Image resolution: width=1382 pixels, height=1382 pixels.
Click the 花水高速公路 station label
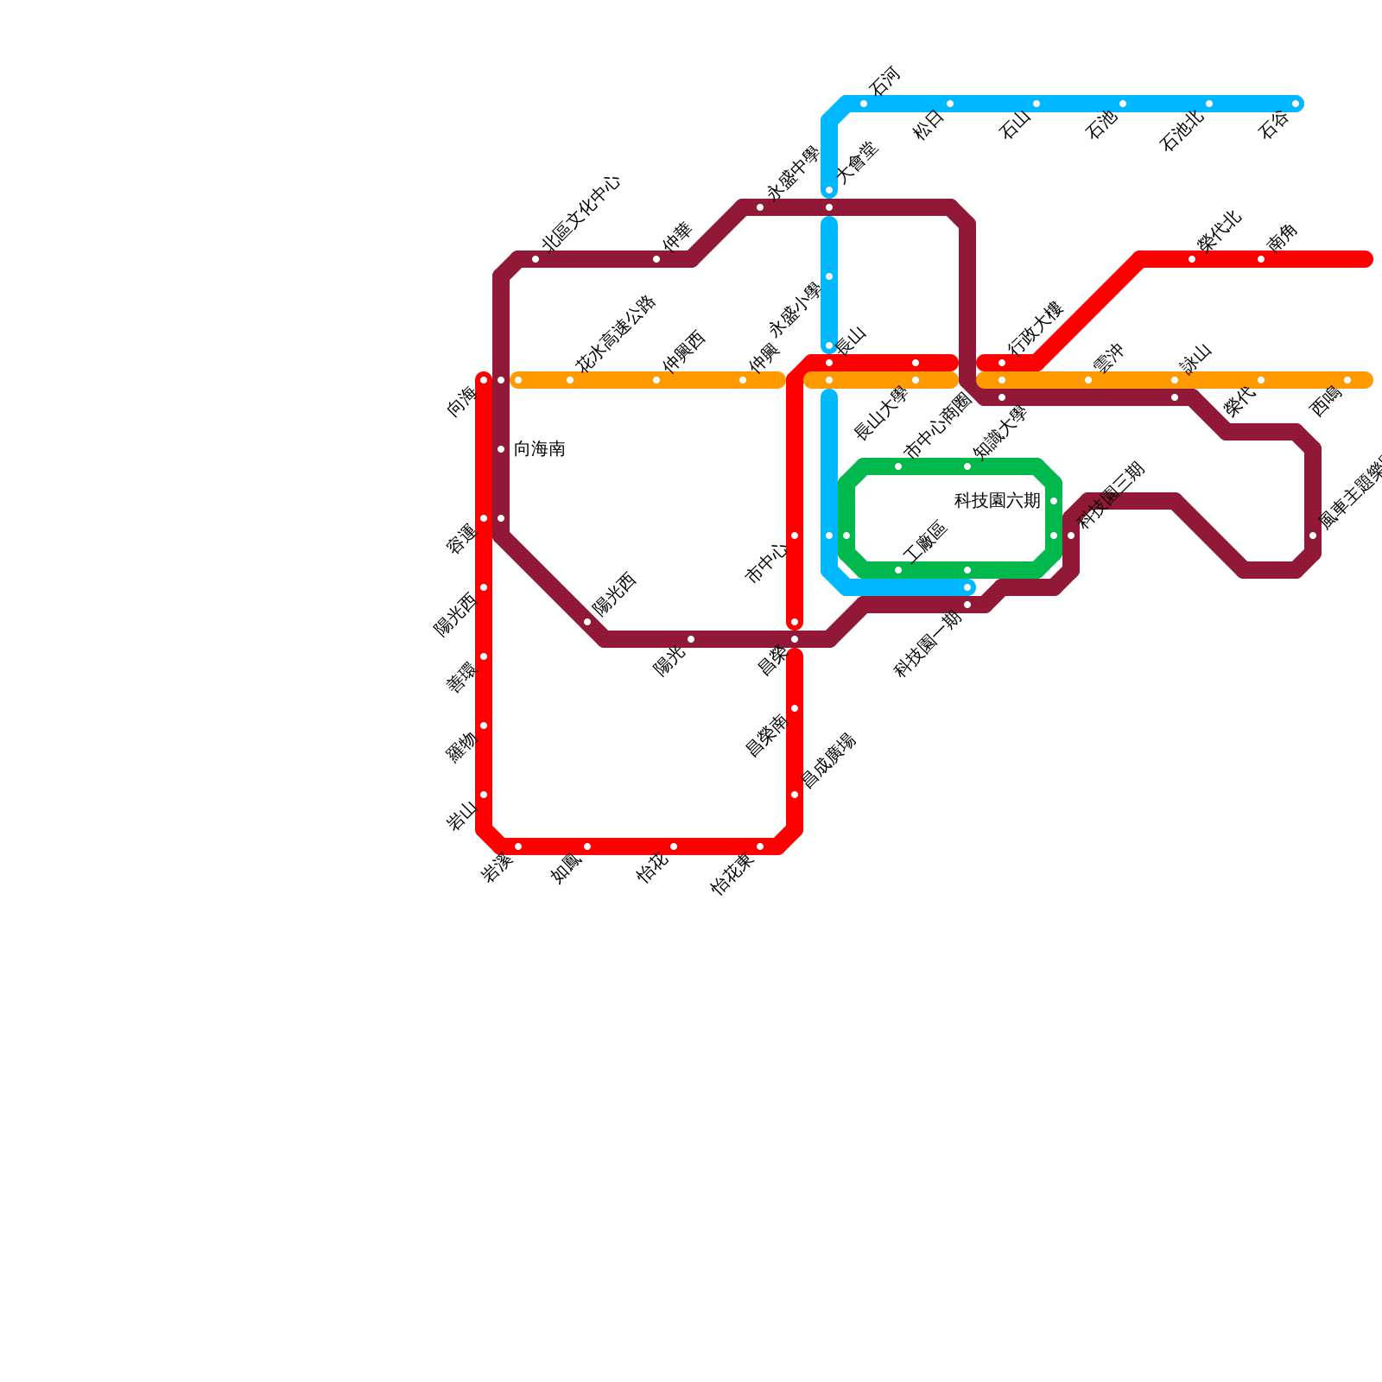click(x=616, y=334)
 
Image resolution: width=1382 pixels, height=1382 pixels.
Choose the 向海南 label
click(x=539, y=449)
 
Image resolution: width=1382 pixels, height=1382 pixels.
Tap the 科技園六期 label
click(x=997, y=501)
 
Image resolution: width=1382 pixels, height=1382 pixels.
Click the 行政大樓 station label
click(x=1034, y=327)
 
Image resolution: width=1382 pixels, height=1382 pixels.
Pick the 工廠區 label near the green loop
click(x=925, y=542)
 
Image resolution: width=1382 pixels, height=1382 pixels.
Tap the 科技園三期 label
click(x=1112, y=495)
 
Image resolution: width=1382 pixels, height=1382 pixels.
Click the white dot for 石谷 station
click(x=1296, y=104)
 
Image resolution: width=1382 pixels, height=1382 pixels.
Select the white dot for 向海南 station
click(x=501, y=449)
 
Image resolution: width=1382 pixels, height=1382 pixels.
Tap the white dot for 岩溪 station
click(x=518, y=846)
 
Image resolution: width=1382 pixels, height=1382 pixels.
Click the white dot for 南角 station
click(x=1261, y=259)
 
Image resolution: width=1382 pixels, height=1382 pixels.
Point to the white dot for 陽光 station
click(x=691, y=639)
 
